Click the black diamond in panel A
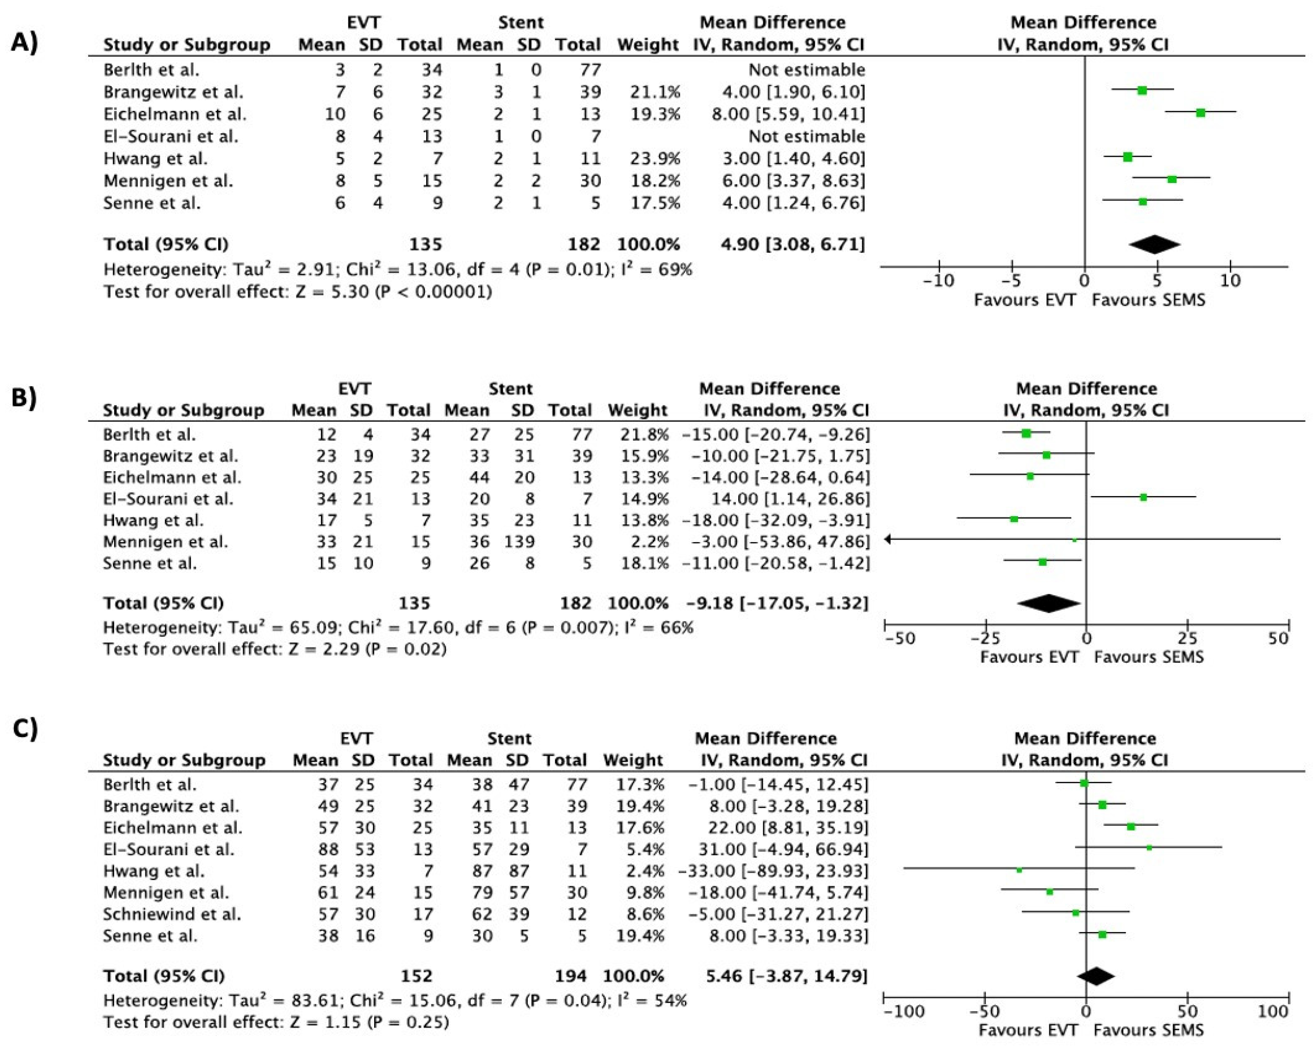click(x=1154, y=244)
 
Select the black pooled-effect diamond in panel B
click(x=1048, y=603)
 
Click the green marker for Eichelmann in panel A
click(x=1200, y=113)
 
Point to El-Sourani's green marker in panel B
click(x=1143, y=498)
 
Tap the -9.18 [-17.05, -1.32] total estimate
click(x=777, y=603)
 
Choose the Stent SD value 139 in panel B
click(x=520, y=541)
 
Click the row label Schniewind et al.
click(x=172, y=914)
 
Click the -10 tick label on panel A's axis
click(x=939, y=281)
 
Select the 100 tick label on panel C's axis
click(x=1273, y=1012)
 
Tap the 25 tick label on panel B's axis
click(x=1187, y=639)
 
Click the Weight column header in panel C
click(x=632, y=760)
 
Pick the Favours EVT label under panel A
click(x=1024, y=300)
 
